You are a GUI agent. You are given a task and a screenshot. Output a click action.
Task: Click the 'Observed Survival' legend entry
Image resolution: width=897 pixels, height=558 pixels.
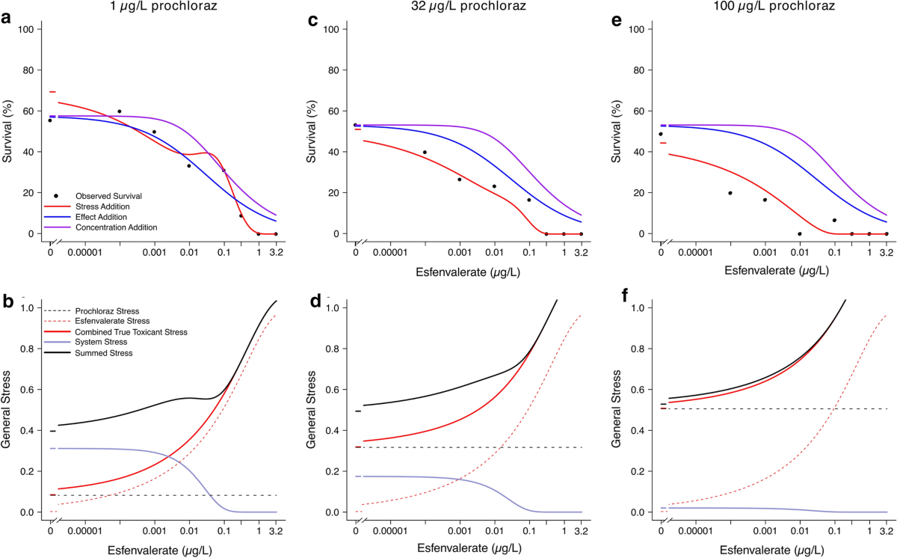click(x=108, y=196)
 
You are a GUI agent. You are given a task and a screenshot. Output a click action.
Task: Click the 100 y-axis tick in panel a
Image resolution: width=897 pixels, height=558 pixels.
click(x=28, y=29)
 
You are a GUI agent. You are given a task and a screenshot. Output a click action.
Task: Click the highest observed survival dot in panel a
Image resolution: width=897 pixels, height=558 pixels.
click(x=119, y=111)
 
